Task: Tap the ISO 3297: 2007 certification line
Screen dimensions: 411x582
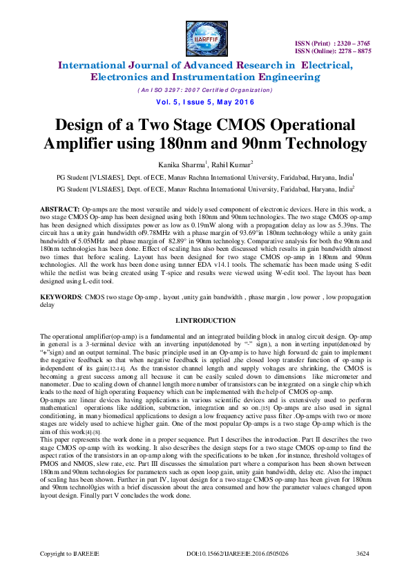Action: pyautogui.click(x=205, y=91)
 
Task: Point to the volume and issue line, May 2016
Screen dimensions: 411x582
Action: pyautogui.click(x=205, y=103)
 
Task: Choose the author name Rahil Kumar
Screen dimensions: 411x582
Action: pyautogui.click(x=220, y=163)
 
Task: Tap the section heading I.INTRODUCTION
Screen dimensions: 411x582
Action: pyautogui.click(x=206, y=321)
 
